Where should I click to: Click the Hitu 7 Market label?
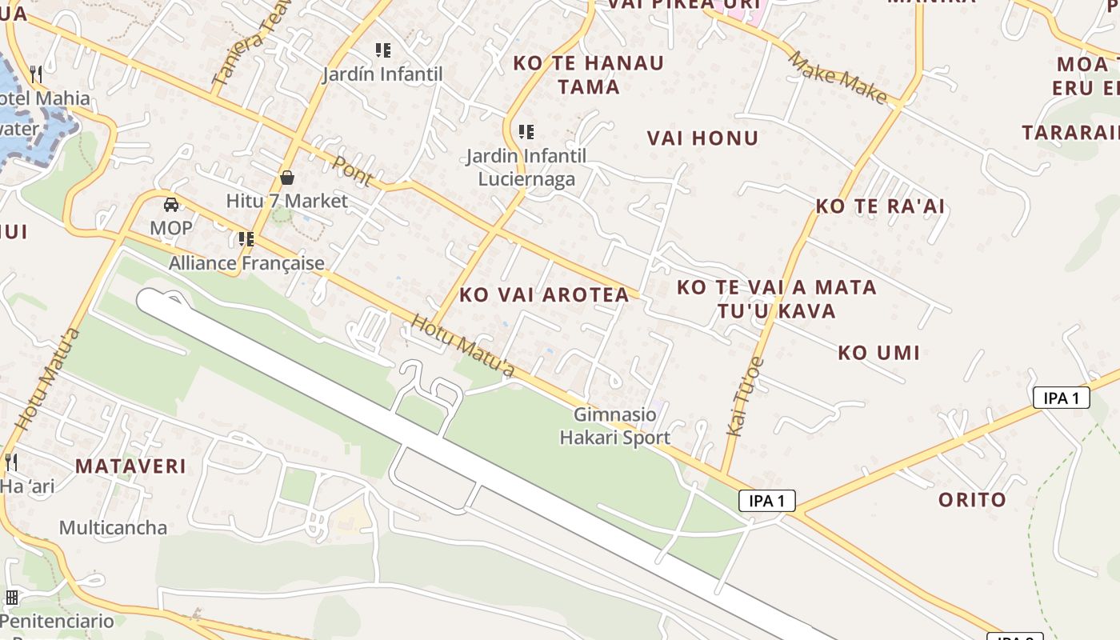(x=286, y=201)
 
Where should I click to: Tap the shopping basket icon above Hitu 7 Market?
(x=287, y=178)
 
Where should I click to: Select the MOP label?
(x=171, y=228)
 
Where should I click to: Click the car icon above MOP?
(x=171, y=205)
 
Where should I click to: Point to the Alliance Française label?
(x=246, y=263)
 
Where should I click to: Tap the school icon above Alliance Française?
(x=246, y=239)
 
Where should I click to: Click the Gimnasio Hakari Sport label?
(x=614, y=426)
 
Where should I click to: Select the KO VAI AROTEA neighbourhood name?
(x=544, y=294)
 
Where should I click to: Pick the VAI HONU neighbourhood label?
(x=702, y=138)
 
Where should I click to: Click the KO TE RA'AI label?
(x=880, y=206)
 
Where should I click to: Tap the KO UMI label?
(x=878, y=352)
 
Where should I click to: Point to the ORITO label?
(x=972, y=500)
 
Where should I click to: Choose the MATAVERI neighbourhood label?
(x=130, y=466)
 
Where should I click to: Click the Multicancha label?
(x=113, y=528)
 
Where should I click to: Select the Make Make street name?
(x=837, y=78)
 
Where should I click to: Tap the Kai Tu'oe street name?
(x=744, y=397)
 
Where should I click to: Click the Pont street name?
(x=352, y=170)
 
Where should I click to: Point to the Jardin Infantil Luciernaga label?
(x=526, y=167)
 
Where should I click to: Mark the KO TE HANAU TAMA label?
(x=589, y=74)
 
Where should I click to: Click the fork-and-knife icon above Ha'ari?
(x=11, y=462)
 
